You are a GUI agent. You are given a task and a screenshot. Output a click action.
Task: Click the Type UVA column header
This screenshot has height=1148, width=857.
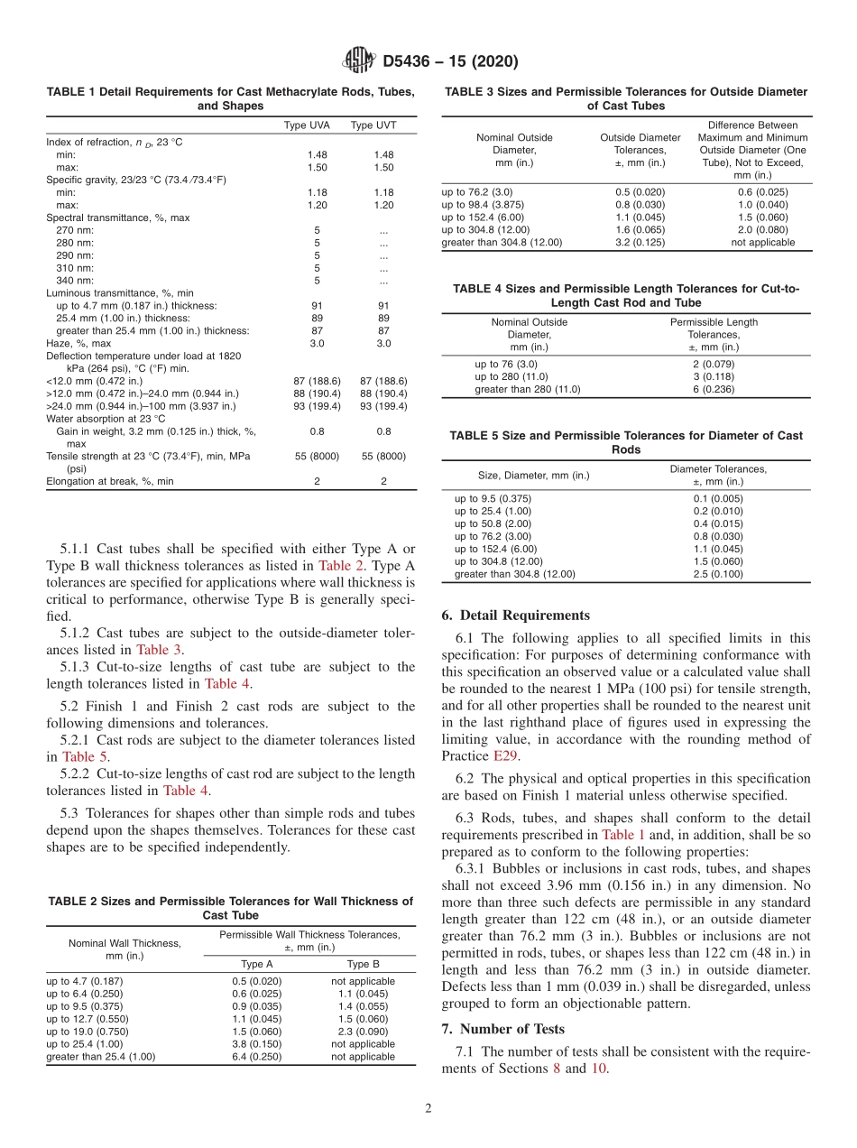pos(307,125)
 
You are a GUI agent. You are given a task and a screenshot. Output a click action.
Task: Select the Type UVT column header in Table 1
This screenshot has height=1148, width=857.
pos(373,125)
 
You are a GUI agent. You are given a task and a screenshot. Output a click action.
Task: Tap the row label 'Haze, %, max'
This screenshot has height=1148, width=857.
pos(79,344)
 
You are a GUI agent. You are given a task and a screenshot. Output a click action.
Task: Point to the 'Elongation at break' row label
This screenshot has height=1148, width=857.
pos(110,482)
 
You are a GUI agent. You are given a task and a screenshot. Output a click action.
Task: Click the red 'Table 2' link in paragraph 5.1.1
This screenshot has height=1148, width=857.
pos(341,566)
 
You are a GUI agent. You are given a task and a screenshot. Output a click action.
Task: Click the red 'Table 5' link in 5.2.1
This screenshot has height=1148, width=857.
pos(85,757)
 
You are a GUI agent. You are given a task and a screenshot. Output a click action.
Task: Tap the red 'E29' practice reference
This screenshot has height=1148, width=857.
pos(506,756)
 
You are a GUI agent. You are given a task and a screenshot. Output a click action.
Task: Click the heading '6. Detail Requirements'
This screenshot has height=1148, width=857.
pos(515,616)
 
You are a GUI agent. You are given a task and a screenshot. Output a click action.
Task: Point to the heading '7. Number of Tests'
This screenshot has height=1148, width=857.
pos(503,1029)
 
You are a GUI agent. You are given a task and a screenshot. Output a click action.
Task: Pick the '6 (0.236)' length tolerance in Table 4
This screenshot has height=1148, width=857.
pos(713,389)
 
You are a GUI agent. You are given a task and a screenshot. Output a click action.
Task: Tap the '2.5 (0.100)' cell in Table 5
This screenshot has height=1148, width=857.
pos(718,574)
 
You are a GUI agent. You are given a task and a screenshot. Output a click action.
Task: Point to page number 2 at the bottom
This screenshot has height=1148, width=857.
pos(428,1109)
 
